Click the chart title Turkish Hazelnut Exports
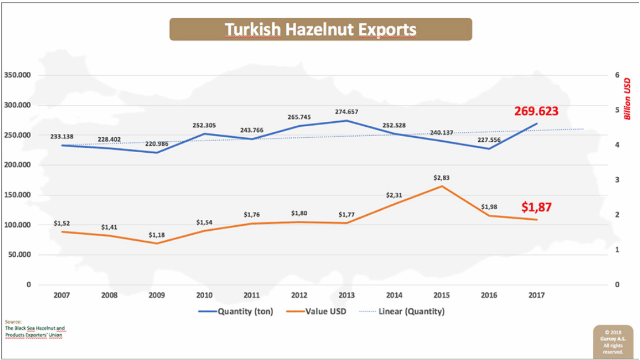click(320, 29)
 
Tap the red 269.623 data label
click(536, 111)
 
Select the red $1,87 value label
click(536, 207)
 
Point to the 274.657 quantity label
click(346, 112)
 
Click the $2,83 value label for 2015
click(441, 178)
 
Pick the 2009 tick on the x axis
click(156, 295)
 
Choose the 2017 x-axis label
click(536, 295)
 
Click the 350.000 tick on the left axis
click(17, 75)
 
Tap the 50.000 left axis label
click(19, 255)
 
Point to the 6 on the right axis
click(617, 75)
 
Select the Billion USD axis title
click(627, 99)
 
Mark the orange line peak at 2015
click(442, 186)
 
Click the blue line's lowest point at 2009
click(157, 153)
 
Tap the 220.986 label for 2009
click(156, 144)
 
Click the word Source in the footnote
click(13, 322)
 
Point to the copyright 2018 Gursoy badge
click(613, 342)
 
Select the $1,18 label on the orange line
click(156, 235)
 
